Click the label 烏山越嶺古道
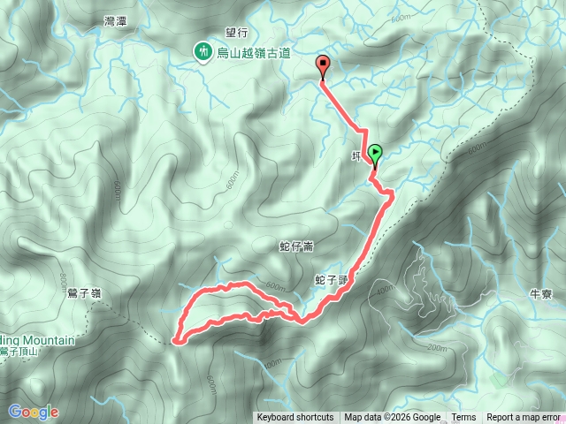coord(254,53)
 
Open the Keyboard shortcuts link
coord(295,418)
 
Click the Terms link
coord(463,418)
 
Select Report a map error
coord(524,418)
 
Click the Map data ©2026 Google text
coord(392,418)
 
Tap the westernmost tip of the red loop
coord(174,338)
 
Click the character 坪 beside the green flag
coord(356,156)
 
